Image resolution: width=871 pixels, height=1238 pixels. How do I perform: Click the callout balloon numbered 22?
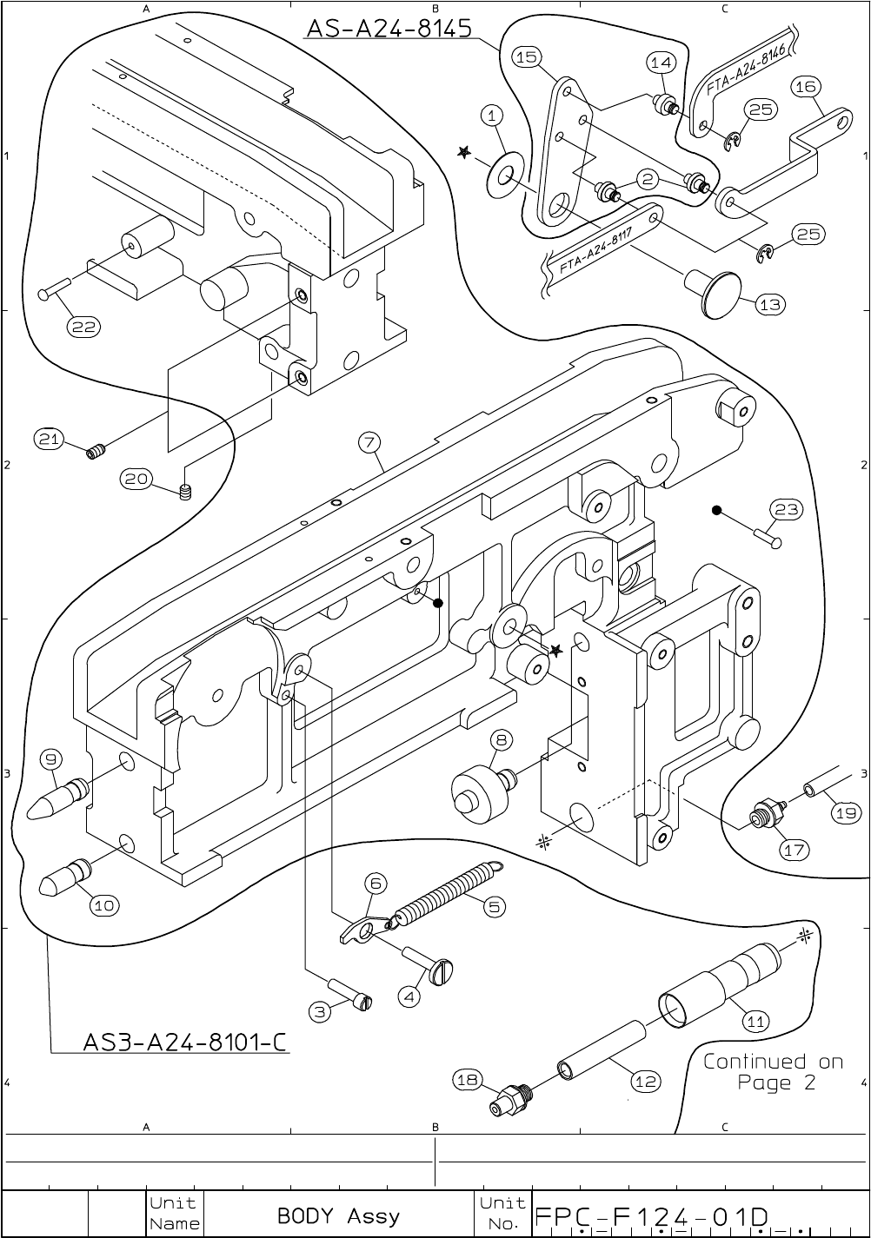coord(84,327)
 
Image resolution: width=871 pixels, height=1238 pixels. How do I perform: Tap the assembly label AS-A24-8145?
coord(388,28)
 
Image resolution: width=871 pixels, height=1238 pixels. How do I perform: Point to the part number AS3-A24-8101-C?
coord(184,1041)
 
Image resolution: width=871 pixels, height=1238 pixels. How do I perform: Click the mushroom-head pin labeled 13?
coord(715,291)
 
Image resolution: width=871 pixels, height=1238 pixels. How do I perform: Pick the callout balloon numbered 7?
coord(369,442)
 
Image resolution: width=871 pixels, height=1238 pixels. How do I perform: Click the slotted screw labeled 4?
coord(433,968)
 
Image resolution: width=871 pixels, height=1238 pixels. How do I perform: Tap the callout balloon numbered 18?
coord(467,1080)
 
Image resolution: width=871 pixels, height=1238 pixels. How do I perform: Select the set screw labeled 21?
coord(96,451)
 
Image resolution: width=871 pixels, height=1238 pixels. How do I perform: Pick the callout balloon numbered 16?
coord(806,86)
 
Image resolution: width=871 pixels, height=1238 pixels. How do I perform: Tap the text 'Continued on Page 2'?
coord(773,1071)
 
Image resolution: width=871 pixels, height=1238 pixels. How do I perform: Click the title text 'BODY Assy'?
coord(338,1215)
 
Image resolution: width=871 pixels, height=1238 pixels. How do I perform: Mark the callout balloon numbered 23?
coord(787,509)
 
